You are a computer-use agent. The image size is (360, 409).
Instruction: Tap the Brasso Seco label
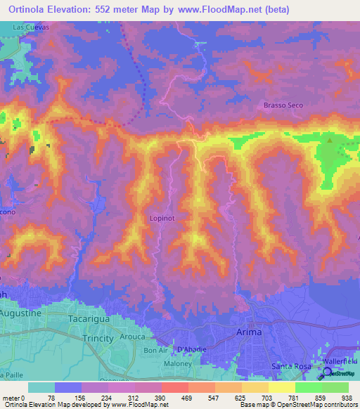[x=283, y=105]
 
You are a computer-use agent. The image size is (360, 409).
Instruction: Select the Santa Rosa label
[x=291, y=368]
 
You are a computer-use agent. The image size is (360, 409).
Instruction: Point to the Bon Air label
[x=157, y=350]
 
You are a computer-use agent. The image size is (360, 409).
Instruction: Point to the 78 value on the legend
[x=56, y=396]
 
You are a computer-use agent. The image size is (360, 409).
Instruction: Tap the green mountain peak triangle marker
[x=330, y=140]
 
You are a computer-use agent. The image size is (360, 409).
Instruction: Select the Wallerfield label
[x=340, y=361]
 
